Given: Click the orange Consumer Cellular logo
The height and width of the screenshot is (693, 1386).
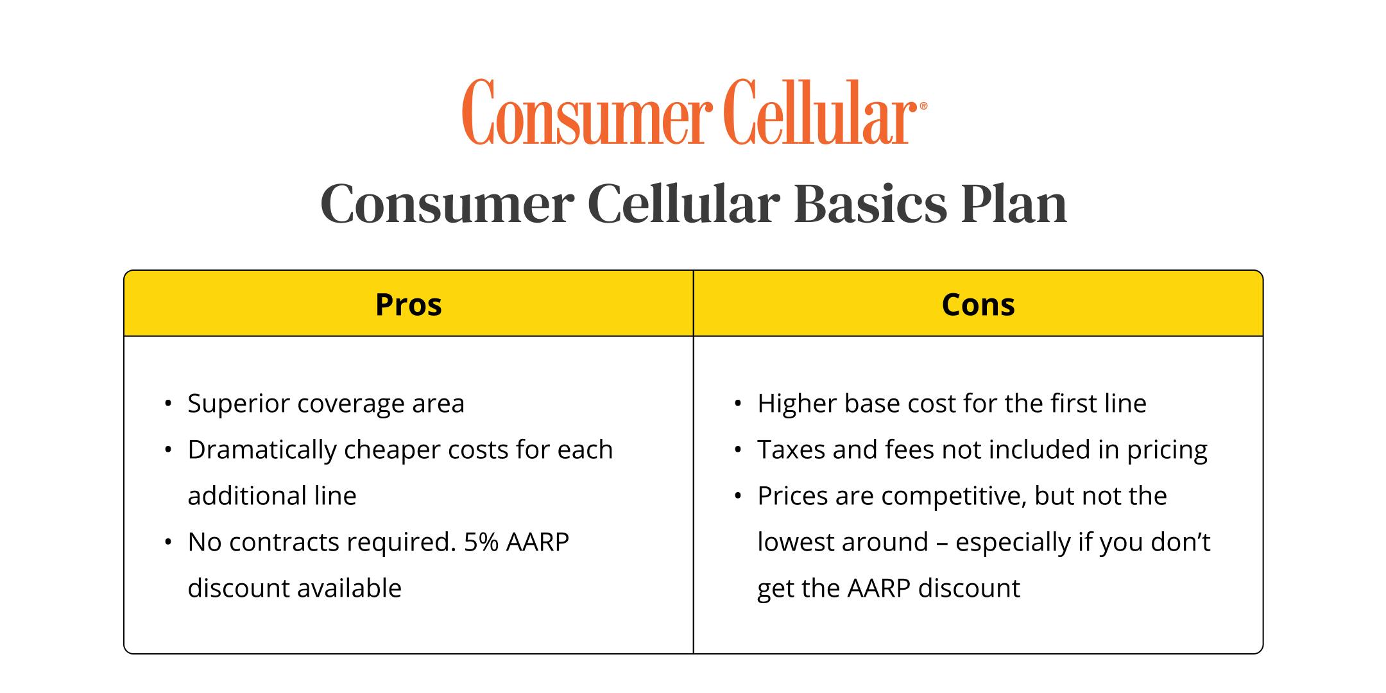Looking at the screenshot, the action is point(694,112).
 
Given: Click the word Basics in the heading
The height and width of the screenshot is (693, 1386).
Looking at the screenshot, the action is point(870,204).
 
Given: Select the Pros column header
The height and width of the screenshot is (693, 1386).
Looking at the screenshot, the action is point(409,304).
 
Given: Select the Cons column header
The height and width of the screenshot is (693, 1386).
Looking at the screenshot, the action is point(978,304).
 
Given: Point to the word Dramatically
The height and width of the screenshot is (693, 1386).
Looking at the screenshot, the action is point(262,450).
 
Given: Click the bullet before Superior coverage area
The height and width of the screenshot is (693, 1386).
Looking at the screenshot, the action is point(168,404).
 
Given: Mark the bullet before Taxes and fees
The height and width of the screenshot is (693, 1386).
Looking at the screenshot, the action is point(738,450).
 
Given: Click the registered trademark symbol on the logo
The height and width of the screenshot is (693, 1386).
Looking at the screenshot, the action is point(923,107).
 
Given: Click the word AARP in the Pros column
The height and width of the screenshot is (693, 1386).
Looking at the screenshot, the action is point(538,542).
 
